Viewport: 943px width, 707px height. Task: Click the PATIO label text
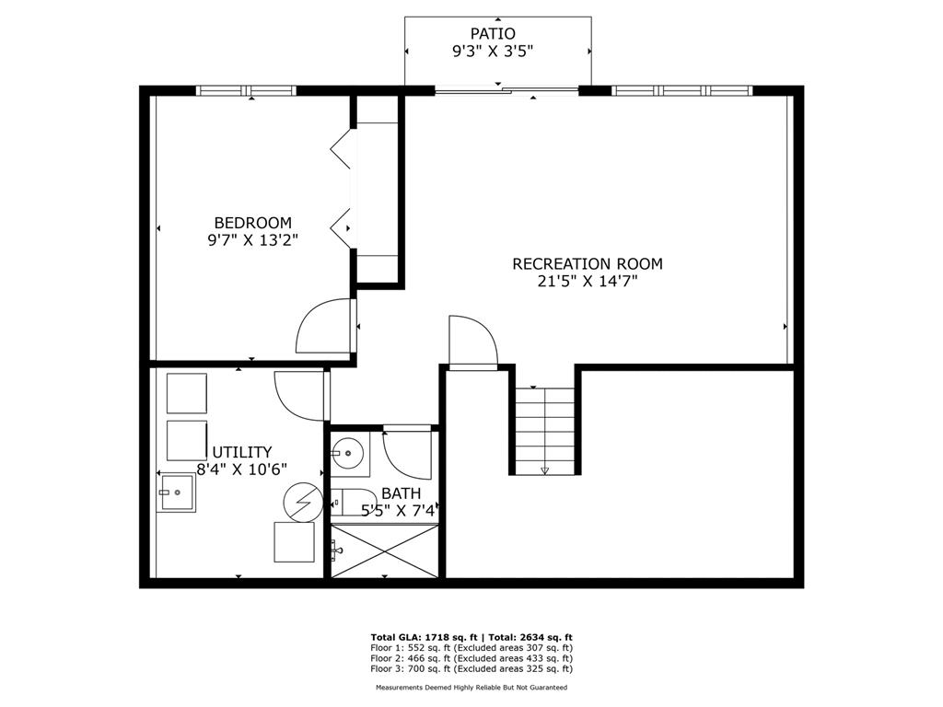[x=493, y=34]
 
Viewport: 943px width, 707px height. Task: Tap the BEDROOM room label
[x=253, y=223]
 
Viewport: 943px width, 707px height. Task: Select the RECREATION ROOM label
[x=588, y=264]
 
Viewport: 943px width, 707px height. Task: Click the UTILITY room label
[x=242, y=452]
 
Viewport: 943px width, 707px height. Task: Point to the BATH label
[x=402, y=494]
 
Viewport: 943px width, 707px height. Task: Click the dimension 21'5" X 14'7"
[x=588, y=281]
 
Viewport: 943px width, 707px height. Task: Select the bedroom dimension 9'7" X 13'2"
[x=253, y=240]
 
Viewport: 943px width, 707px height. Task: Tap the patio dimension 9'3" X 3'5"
[x=493, y=52]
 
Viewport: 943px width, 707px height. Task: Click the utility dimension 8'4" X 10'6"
[x=242, y=469]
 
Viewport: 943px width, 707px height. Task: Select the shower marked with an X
[x=385, y=551]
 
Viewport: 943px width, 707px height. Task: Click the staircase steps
[x=545, y=431]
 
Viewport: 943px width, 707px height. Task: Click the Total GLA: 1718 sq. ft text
[x=424, y=637]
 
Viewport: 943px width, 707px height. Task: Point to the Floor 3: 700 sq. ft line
[x=471, y=668]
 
